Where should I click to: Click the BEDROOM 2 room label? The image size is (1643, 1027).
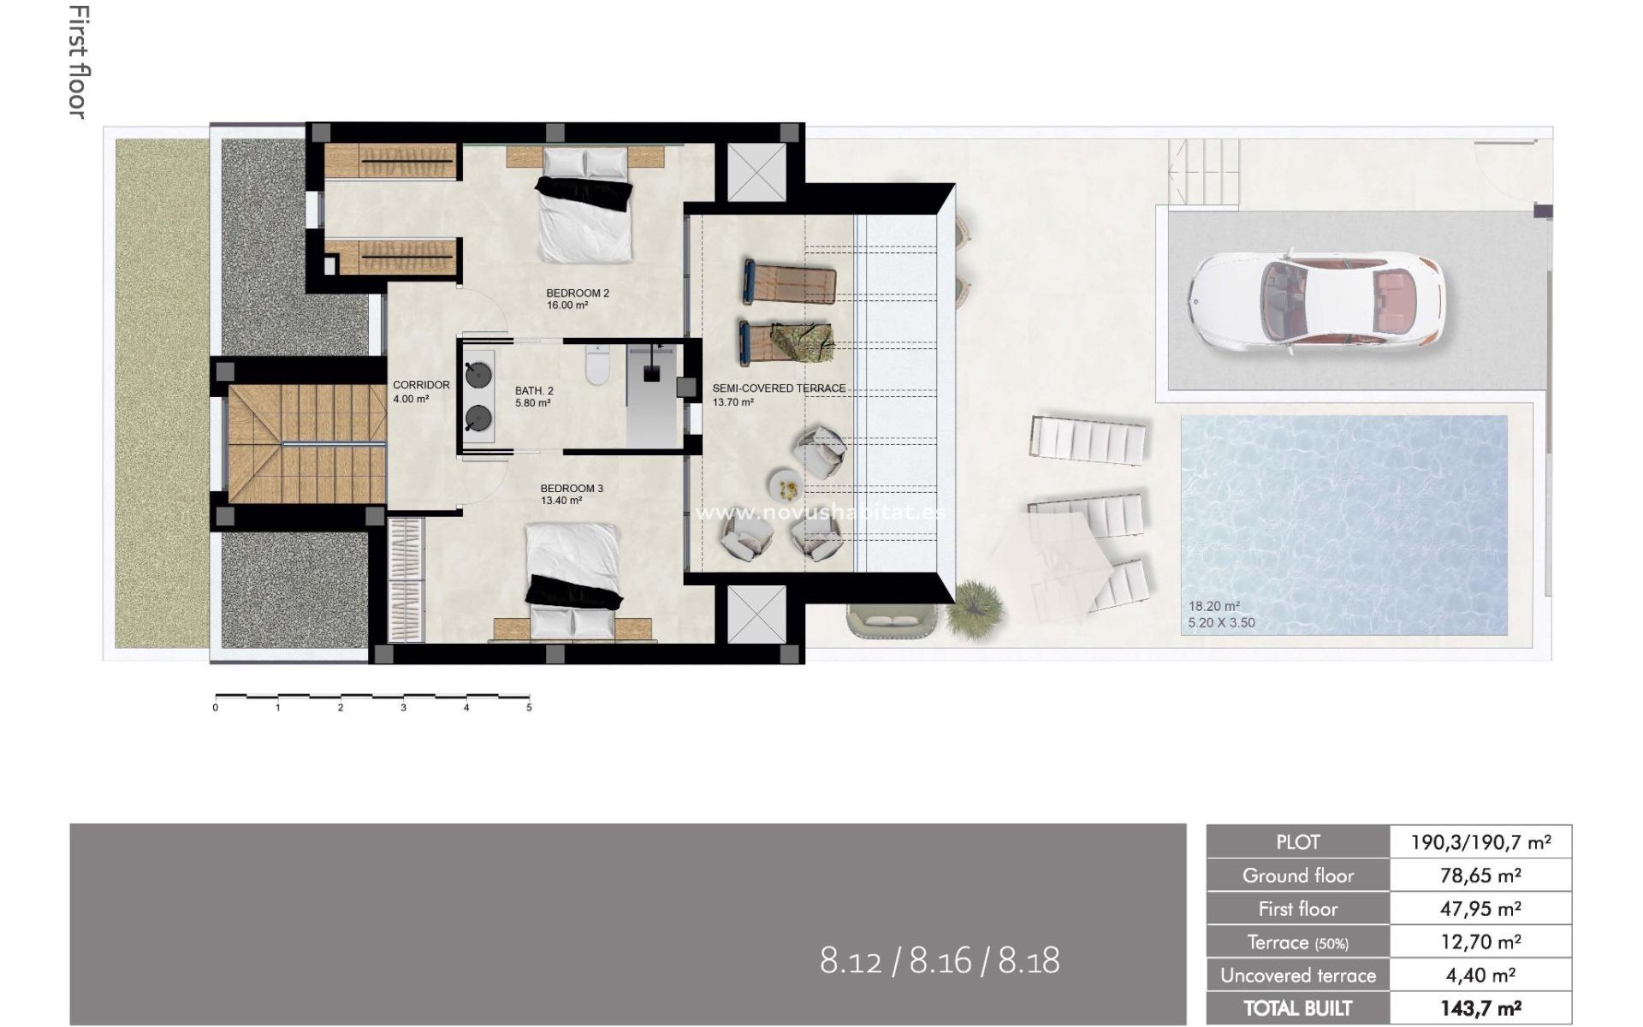click(x=578, y=294)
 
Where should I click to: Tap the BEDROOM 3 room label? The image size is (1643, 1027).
click(x=572, y=489)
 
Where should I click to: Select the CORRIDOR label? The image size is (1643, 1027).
click(x=421, y=385)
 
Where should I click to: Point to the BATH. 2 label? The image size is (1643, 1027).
click(x=534, y=391)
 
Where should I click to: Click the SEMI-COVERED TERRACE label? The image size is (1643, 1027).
click(x=779, y=389)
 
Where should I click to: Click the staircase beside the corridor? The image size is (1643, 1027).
click(x=305, y=443)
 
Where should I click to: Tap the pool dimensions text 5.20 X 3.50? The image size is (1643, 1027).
click(x=1221, y=623)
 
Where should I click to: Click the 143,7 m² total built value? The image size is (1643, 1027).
click(x=1480, y=1008)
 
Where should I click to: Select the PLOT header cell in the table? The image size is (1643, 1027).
click(x=1297, y=842)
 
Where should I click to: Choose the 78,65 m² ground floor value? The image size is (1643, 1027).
click(x=1480, y=876)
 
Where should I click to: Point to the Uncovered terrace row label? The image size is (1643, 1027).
click(x=1297, y=976)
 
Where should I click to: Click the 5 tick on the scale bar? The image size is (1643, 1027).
click(x=529, y=708)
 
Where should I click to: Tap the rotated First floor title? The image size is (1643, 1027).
click(x=78, y=62)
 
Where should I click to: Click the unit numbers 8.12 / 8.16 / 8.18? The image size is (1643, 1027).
click(x=940, y=961)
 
